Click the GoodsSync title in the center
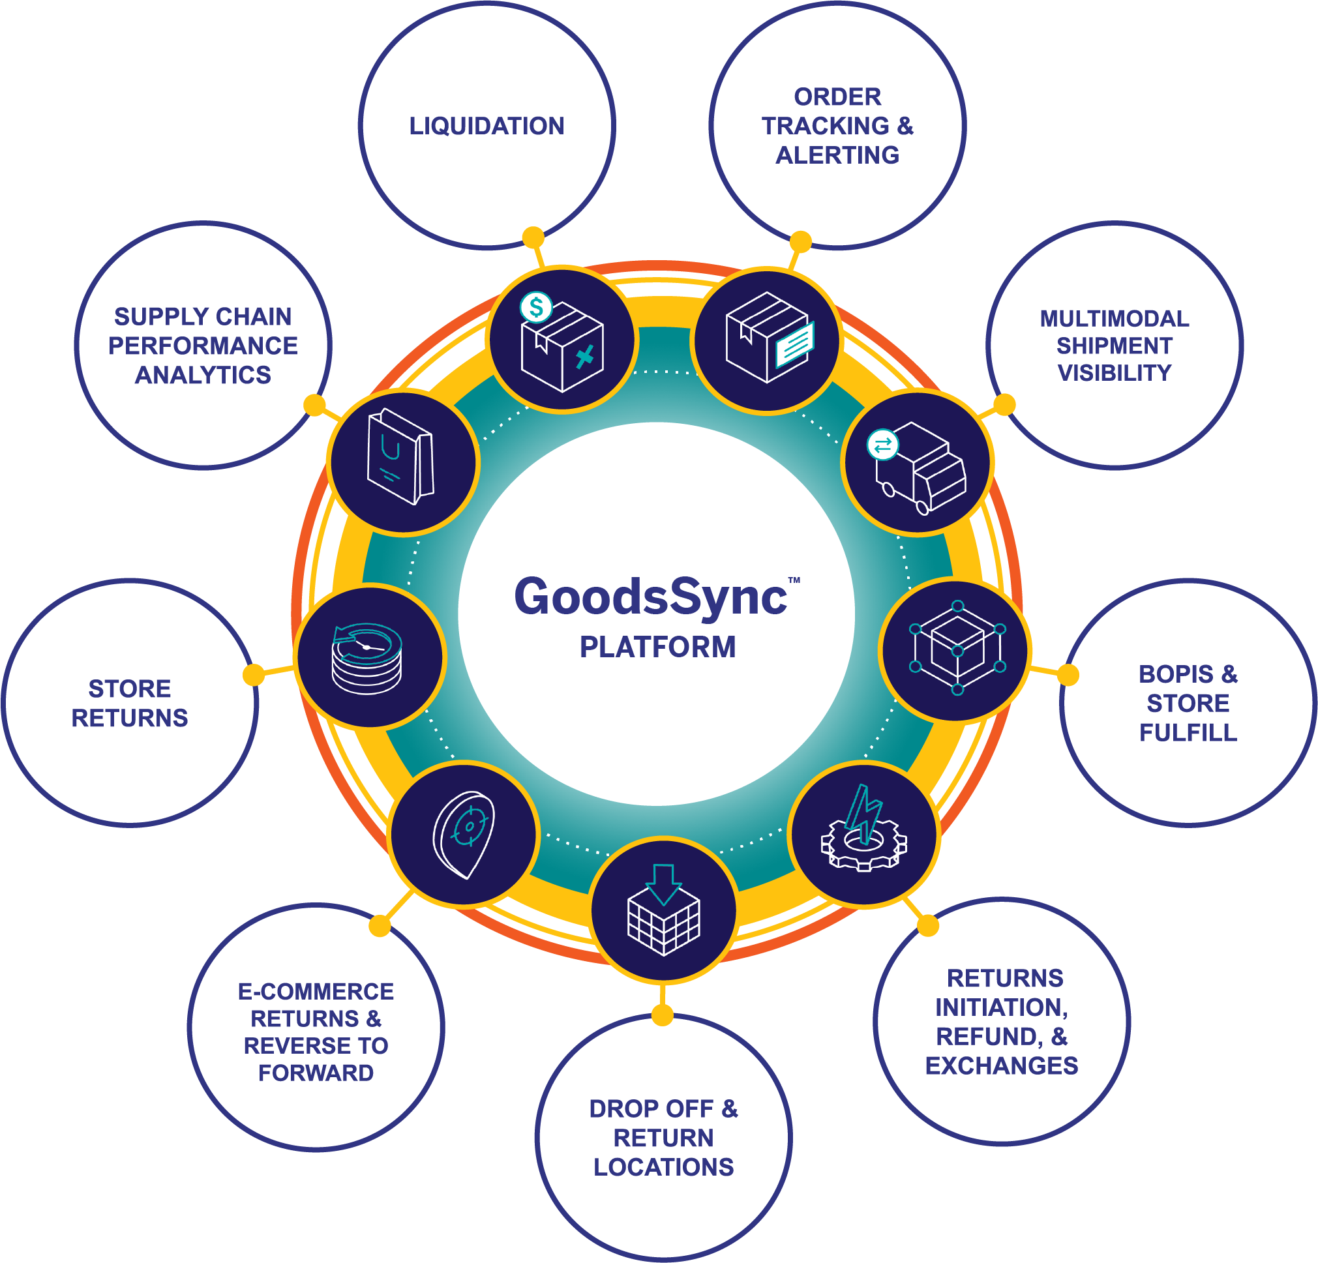point(650,597)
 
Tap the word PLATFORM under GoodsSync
point(657,647)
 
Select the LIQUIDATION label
point(487,126)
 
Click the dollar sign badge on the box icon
point(536,308)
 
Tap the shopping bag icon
point(401,457)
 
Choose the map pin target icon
point(464,833)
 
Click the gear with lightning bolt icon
point(863,831)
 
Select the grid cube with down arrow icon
point(664,910)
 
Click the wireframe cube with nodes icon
point(957,648)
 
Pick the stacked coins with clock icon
point(367,658)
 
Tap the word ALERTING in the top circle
point(837,155)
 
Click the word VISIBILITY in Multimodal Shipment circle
point(1115,373)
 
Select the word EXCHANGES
point(1001,1066)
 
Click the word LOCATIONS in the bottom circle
point(663,1168)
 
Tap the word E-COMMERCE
point(316,992)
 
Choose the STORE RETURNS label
point(130,703)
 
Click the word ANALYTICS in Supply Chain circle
point(203,375)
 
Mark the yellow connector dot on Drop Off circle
point(663,1015)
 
